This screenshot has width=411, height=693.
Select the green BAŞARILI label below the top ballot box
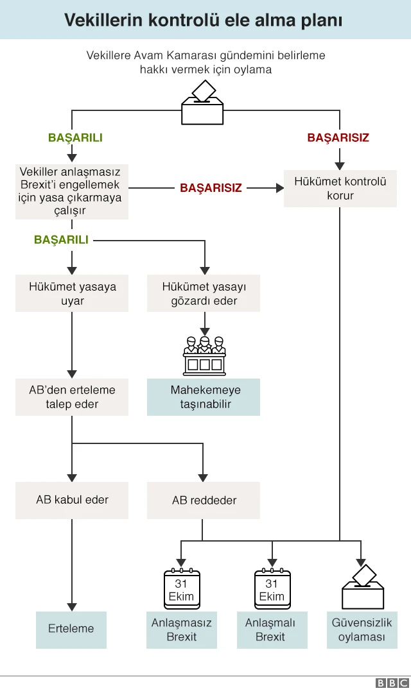[75, 138]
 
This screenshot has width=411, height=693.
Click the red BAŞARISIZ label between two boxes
[211, 188]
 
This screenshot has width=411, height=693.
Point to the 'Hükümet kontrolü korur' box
[340, 189]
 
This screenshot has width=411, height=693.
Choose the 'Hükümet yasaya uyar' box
[72, 293]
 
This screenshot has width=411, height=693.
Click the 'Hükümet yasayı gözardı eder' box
[204, 293]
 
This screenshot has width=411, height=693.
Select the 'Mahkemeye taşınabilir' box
[204, 397]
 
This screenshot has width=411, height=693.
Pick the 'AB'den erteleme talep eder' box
[72, 397]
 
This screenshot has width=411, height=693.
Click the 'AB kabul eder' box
[72, 500]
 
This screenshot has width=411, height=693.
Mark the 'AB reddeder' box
[204, 500]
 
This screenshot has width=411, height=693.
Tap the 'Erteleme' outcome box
[71, 629]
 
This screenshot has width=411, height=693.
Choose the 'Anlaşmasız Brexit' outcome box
[182, 629]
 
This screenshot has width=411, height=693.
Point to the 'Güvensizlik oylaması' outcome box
[362, 629]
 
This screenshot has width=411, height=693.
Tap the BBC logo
[392, 683]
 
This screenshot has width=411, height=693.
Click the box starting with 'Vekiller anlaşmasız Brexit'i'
[71, 191]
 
